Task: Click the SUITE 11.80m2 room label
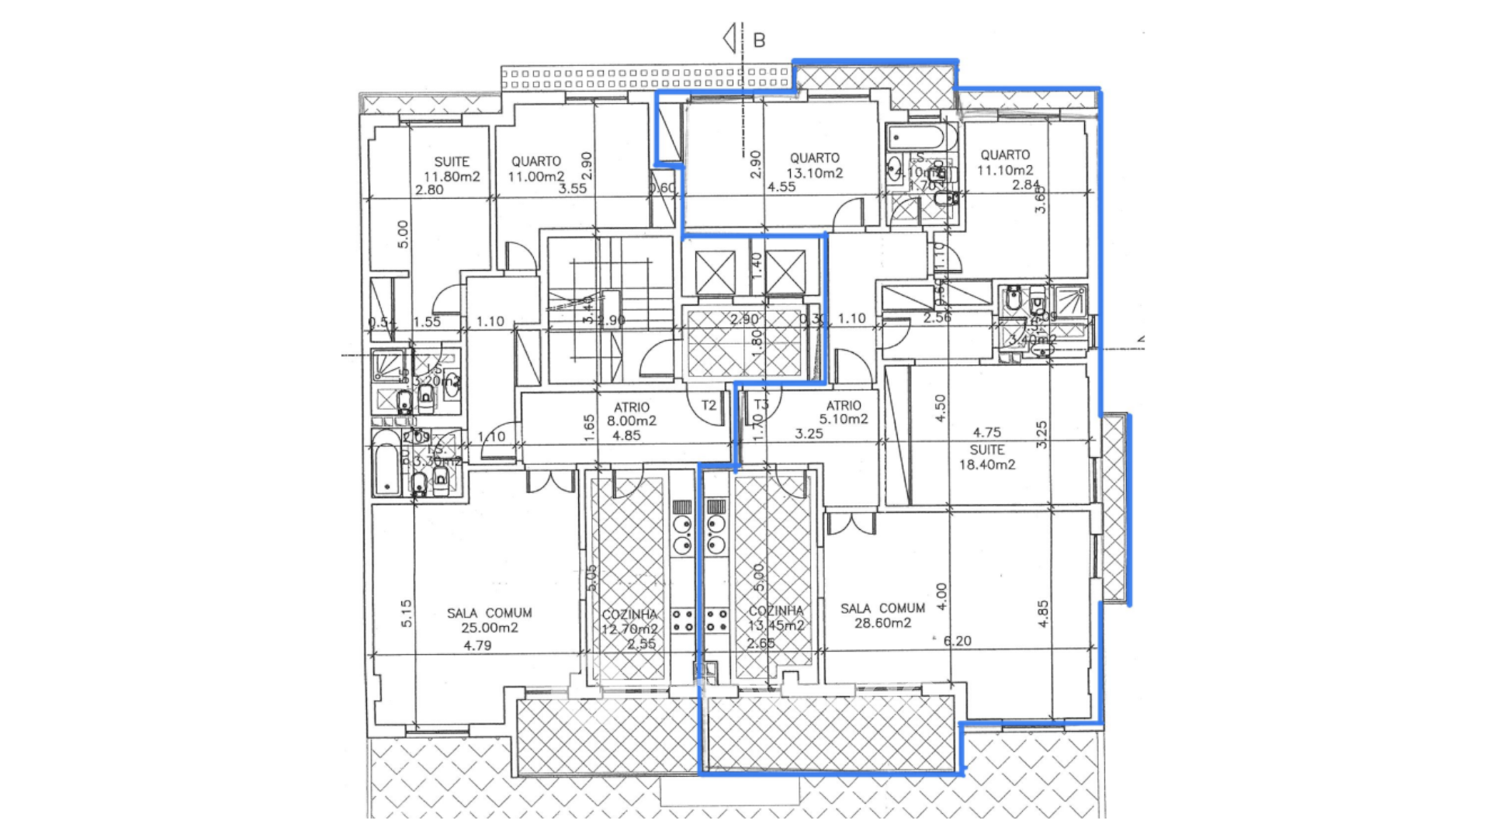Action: pyautogui.click(x=452, y=169)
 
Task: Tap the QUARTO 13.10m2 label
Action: pyautogui.click(x=815, y=165)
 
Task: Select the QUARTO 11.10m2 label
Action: pyautogui.click(x=1005, y=163)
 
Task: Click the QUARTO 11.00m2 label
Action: pyautogui.click(x=536, y=169)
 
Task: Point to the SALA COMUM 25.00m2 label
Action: pyautogui.click(x=490, y=620)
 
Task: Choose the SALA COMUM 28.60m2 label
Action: pyautogui.click(x=882, y=615)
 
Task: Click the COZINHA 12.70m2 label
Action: pyautogui.click(x=629, y=622)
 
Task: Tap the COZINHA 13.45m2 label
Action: pyautogui.click(x=776, y=618)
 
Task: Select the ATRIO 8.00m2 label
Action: pyautogui.click(x=632, y=414)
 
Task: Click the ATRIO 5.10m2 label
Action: pyautogui.click(x=844, y=412)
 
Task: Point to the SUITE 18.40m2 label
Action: pyautogui.click(x=987, y=457)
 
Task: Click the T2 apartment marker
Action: pyautogui.click(x=709, y=405)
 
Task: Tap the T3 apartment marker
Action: pyautogui.click(x=761, y=404)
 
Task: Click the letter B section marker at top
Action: pyautogui.click(x=759, y=40)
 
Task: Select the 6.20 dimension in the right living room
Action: pyautogui.click(x=957, y=641)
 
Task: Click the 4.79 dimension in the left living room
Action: pyautogui.click(x=477, y=646)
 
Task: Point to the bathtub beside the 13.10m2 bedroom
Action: pyautogui.click(x=915, y=139)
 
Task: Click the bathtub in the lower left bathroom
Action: pyautogui.click(x=386, y=462)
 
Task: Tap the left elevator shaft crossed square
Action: pyautogui.click(x=715, y=272)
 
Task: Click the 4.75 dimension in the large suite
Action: pyautogui.click(x=986, y=432)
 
